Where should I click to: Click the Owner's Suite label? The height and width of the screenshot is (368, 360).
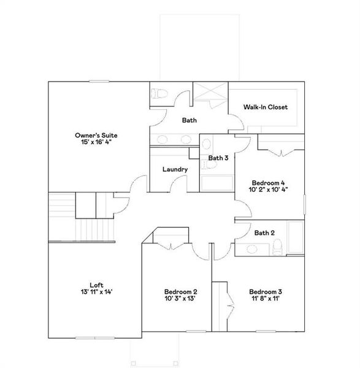tap(96, 135)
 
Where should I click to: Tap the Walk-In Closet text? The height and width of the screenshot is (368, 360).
tap(265, 107)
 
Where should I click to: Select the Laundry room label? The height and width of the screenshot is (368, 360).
tap(175, 169)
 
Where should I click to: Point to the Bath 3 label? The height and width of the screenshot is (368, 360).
tap(218, 158)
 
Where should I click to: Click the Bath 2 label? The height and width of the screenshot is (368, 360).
tap(264, 232)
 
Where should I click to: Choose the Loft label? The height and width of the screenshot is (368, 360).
tap(96, 285)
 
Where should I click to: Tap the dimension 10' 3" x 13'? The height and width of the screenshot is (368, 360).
tap(180, 299)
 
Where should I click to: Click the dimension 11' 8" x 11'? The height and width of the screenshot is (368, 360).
tap(265, 299)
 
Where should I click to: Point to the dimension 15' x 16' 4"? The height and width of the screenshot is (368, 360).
tap(96, 142)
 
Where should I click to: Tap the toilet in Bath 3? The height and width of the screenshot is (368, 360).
tap(207, 144)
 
